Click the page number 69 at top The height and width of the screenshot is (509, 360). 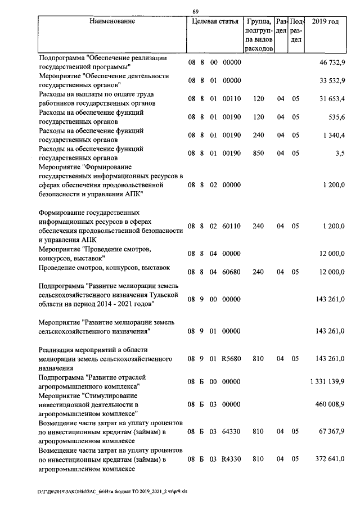(x=195, y=12)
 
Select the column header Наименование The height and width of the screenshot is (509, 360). (x=112, y=22)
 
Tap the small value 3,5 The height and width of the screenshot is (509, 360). (x=339, y=153)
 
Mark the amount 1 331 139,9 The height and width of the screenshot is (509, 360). (x=327, y=382)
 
